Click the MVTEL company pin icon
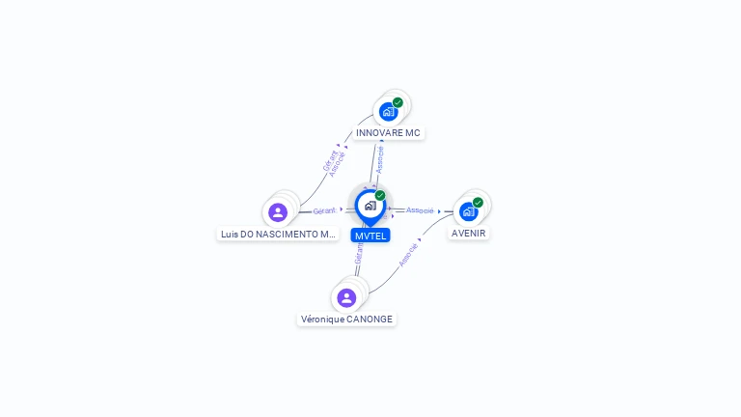(x=370, y=206)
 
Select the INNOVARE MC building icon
(x=388, y=111)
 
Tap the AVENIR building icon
(x=468, y=211)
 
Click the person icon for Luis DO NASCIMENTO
(x=278, y=212)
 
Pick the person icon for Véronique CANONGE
(x=346, y=297)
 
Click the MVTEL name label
(x=370, y=236)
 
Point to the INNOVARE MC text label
(x=388, y=133)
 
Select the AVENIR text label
(x=469, y=233)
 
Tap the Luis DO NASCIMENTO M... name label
(x=278, y=234)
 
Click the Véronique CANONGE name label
(x=346, y=319)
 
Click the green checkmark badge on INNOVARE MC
(x=398, y=102)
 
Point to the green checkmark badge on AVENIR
(x=478, y=203)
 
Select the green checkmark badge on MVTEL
(x=380, y=196)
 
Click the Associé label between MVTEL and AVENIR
(x=420, y=210)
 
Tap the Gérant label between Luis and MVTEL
(x=324, y=210)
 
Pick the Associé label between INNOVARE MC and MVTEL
(x=379, y=159)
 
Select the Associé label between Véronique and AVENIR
(x=408, y=254)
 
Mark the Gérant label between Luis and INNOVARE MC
(x=329, y=159)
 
